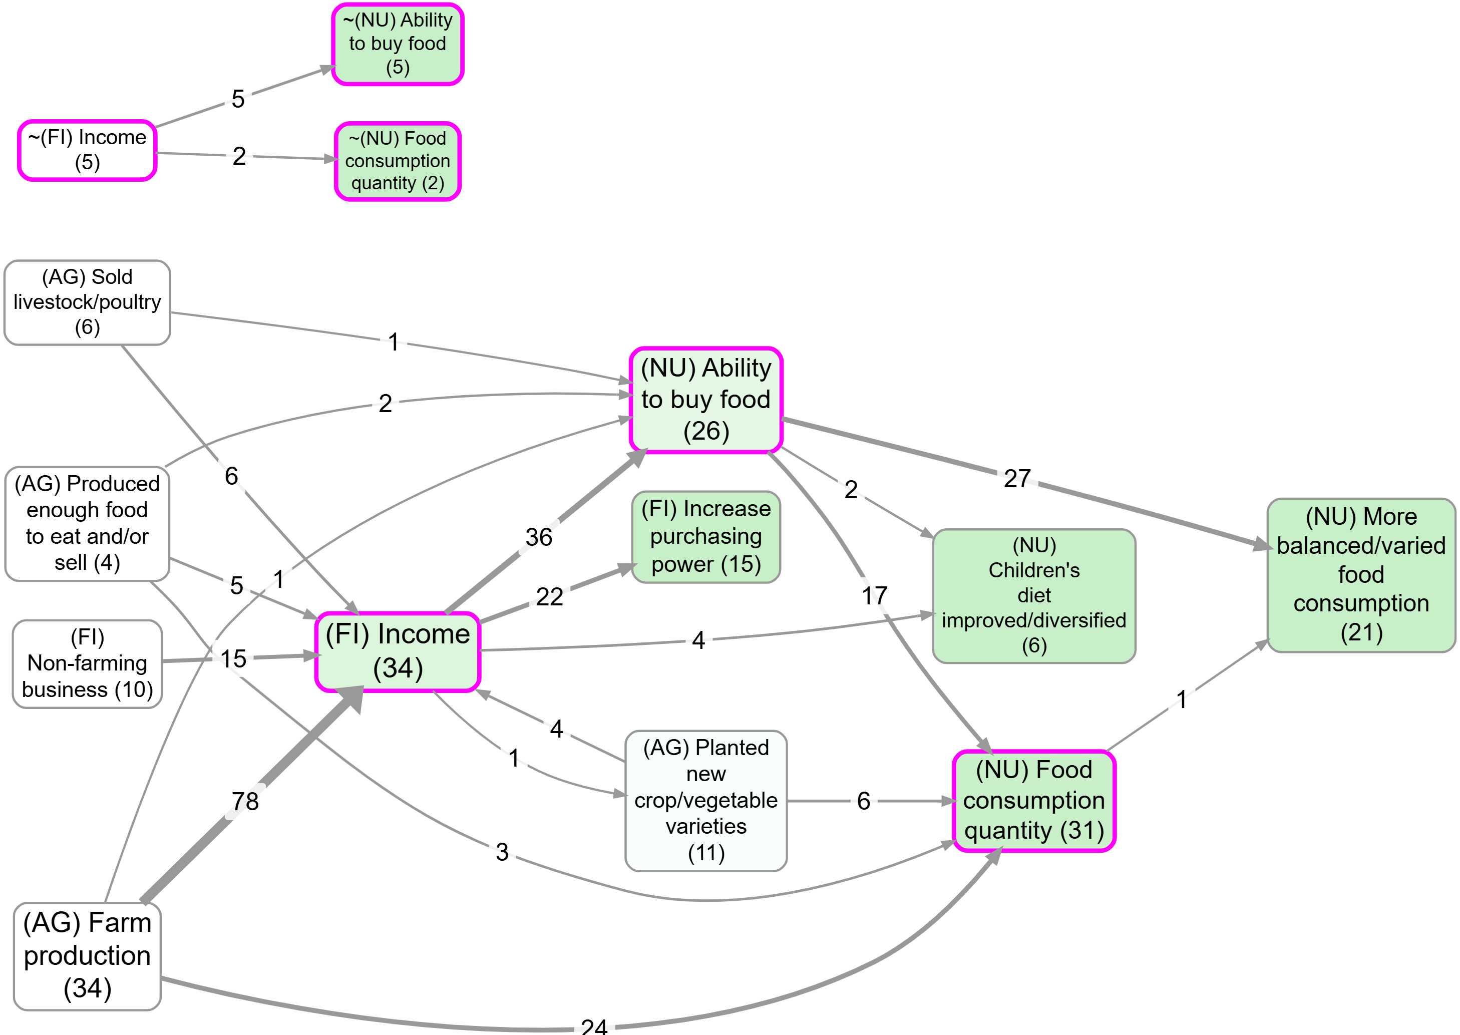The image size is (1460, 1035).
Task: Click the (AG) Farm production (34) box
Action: [87, 955]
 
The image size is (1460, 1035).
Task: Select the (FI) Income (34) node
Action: [398, 651]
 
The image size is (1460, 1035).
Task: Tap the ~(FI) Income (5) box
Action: [87, 150]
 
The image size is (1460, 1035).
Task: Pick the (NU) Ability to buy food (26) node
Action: [705, 400]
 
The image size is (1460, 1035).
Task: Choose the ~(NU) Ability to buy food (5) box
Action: [398, 44]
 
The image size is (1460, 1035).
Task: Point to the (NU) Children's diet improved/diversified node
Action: [1033, 595]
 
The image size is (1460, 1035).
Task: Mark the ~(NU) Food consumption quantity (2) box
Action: [398, 161]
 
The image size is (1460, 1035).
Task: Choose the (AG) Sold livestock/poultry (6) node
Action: [87, 302]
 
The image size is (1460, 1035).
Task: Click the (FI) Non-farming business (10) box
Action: [87, 663]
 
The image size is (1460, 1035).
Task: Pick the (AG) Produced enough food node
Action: [87, 523]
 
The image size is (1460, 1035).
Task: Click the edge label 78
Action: [245, 801]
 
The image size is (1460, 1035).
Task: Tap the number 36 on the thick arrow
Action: [539, 537]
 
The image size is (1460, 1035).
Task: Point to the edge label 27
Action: [1017, 479]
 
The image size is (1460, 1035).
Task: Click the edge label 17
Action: [874, 596]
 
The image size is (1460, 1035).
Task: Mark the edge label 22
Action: [549, 597]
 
